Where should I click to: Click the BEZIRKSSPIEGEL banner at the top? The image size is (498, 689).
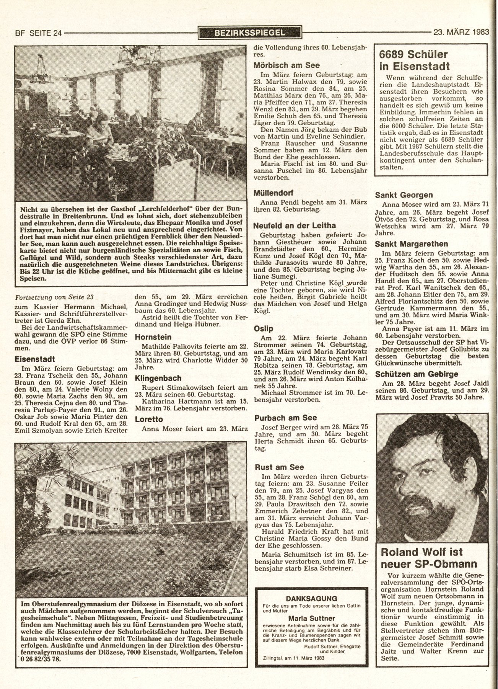[250, 33]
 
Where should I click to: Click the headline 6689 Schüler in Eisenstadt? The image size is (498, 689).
[414, 60]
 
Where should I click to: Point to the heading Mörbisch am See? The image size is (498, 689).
[287, 65]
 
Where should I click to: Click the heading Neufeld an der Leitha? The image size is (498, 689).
[295, 226]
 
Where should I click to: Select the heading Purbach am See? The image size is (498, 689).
[285, 418]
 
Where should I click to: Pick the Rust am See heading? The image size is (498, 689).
[279, 467]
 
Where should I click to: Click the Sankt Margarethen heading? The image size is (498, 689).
[411, 244]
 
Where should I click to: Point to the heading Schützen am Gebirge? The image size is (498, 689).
[416, 374]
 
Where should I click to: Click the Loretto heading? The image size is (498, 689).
[149, 419]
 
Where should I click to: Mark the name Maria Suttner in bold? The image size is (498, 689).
[312, 618]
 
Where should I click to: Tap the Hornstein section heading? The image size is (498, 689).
[153, 337]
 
